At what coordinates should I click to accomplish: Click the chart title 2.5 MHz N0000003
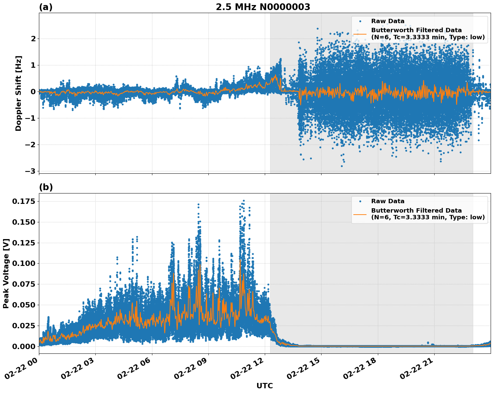click(x=263, y=7)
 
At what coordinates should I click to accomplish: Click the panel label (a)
click(x=46, y=7)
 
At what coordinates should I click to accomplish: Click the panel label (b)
click(x=46, y=187)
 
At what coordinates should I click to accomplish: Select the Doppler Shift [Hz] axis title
click(x=18, y=93)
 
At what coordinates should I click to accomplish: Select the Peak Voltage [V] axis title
click(x=6, y=273)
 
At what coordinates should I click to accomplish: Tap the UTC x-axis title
click(x=264, y=386)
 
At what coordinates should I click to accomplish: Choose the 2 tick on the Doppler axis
click(x=33, y=39)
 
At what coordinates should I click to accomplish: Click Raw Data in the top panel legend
click(x=388, y=21)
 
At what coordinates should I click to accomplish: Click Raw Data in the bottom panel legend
click(x=388, y=201)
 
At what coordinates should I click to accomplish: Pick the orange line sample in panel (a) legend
click(x=360, y=34)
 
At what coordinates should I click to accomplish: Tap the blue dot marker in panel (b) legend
click(x=360, y=201)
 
